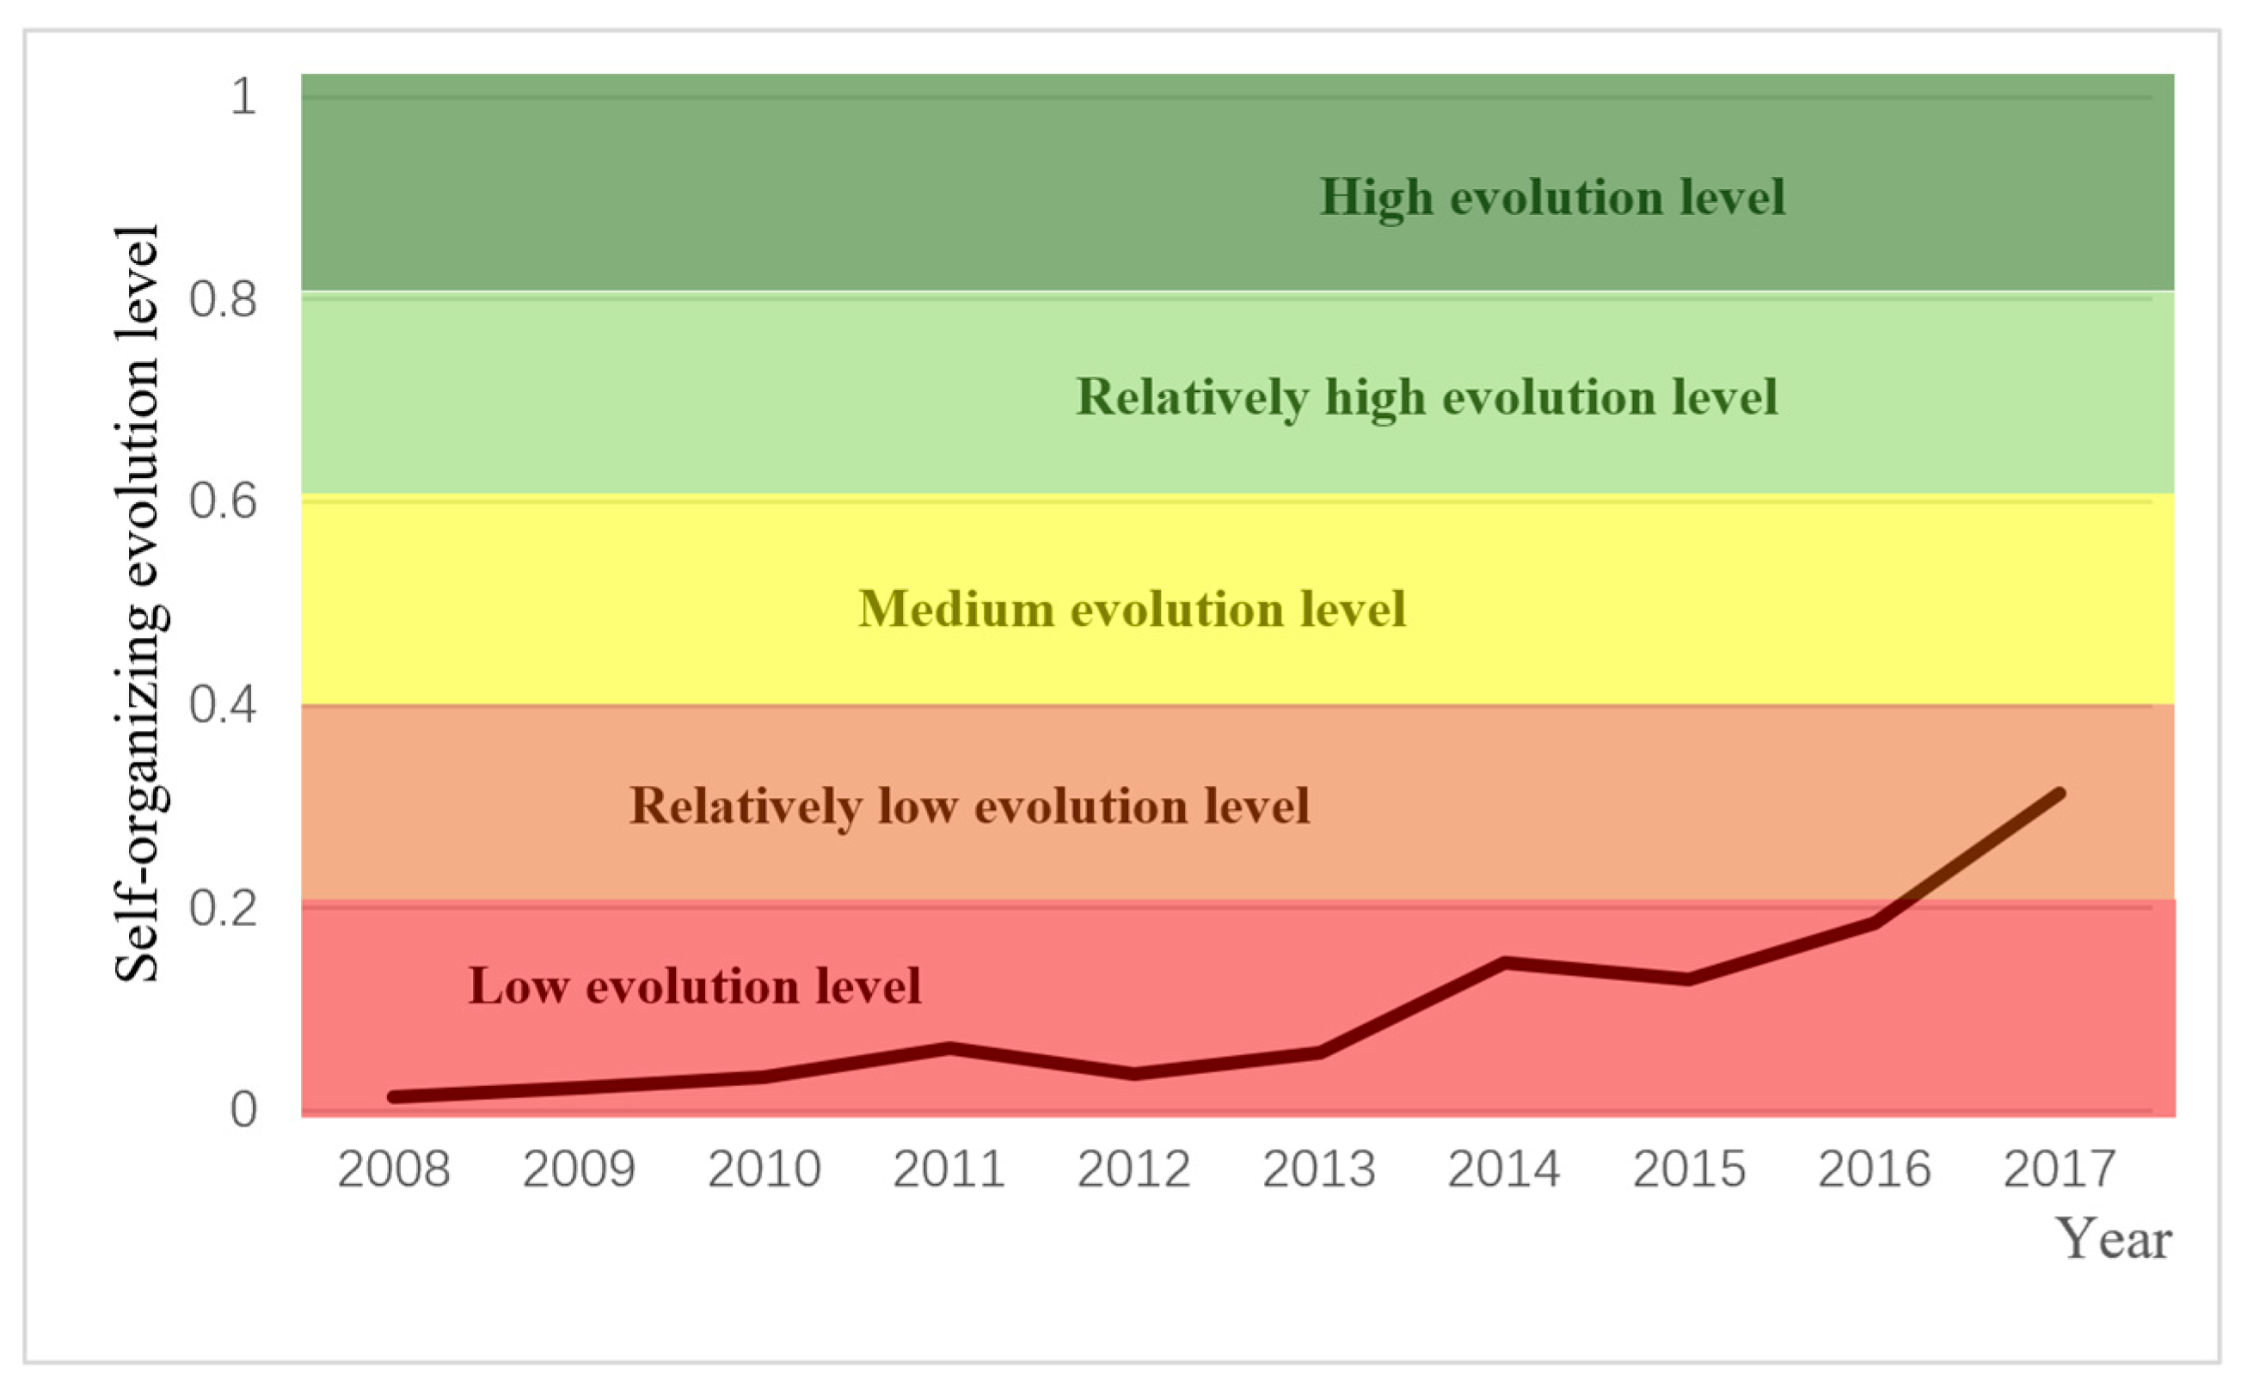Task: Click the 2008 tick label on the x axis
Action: pyautogui.click(x=394, y=1170)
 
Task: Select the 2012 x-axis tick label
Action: pyautogui.click(x=1133, y=1170)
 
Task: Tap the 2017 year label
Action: pyautogui.click(x=2060, y=1170)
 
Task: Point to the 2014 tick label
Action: pyautogui.click(x=1504, y=1170)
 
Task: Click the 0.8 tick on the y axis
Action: pyautogui.click(x=223, y=299)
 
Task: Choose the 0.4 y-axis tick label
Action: pyautogui.click(x=223, y=705)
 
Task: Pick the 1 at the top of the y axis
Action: pyautogui.click(x=243, y=96)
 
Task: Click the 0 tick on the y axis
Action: pyautogui.click(x=243, y=1111)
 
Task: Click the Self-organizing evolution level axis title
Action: pyautogui.click(x=137, y=603)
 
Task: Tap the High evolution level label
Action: pyautogui.click(x=1551, y=198)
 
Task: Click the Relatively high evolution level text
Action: pyautogui.click(x=1427, y=398)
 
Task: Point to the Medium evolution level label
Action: pyautogui.click(x=1132, y=609)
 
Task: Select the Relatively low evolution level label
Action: pyautogui.click(x=969, y=807)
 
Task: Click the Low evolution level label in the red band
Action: pyautogui.click(x=694, y=986)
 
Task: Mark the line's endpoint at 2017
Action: pyautogui.click(x=2060, y=794)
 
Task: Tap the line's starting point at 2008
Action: pyautogui.click(x=394, y=1097)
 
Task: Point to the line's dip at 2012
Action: pyautogui.click(x=1133, y=1074)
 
